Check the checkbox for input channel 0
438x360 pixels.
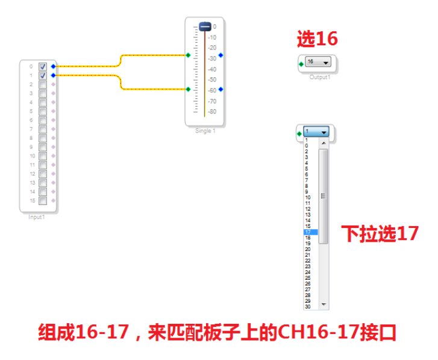pos(43,67)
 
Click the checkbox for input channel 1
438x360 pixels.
pos(43,76)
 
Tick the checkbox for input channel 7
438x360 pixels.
pos(43,129)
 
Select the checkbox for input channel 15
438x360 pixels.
pos(43,200)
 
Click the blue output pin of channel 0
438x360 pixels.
pos(54,66)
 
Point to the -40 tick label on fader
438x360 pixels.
pos(212,69)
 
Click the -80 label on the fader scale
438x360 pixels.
pos(212,112)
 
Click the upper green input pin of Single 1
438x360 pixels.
pos(188,55)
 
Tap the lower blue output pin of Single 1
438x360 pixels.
pos(221,89)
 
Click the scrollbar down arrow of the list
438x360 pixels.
pos(324,305)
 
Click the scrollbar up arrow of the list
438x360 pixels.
pos(324,143)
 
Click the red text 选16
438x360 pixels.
pos(317,39)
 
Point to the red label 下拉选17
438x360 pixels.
pos(380,233)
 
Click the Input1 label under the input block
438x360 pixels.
pos(37,217)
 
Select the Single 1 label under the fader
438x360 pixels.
pos(205,131)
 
